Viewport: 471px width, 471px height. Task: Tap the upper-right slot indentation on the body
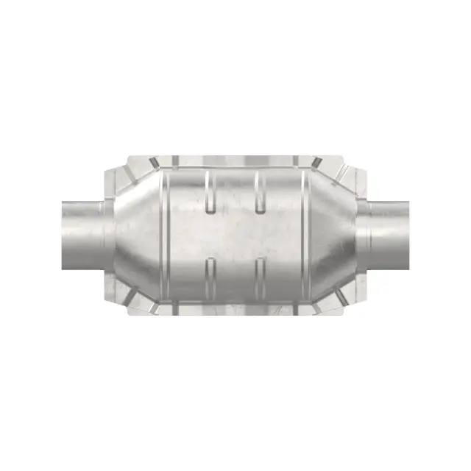(259, 192)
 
